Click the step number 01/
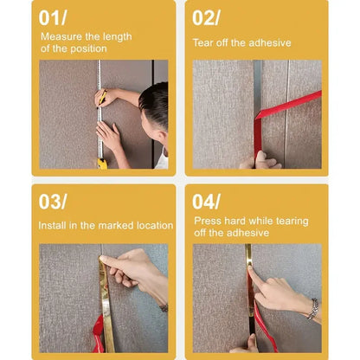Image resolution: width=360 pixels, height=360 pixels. click(x=53, y=18)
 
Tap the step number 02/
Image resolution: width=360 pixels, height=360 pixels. click(x=206, y=18)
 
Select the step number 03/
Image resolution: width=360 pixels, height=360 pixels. click(x=53, y=202)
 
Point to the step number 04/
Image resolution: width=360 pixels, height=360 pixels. click(x=207, y=202)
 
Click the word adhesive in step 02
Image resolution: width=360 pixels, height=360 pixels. click(x=270, y=43)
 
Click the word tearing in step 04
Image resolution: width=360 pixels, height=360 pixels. click(x=292, y=222)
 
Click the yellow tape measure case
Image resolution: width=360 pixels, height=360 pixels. click(x=102, y=164)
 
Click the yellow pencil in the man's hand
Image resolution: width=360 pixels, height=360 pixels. click(x=102, y=97)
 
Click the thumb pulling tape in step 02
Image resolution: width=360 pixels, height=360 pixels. click(x=260, y=158)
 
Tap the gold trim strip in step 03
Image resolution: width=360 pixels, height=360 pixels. click(x=106, y=303)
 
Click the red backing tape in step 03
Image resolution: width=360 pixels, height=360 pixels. click(x=98, y=335)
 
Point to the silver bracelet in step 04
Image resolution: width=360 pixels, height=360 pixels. click(x=313, y=309)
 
